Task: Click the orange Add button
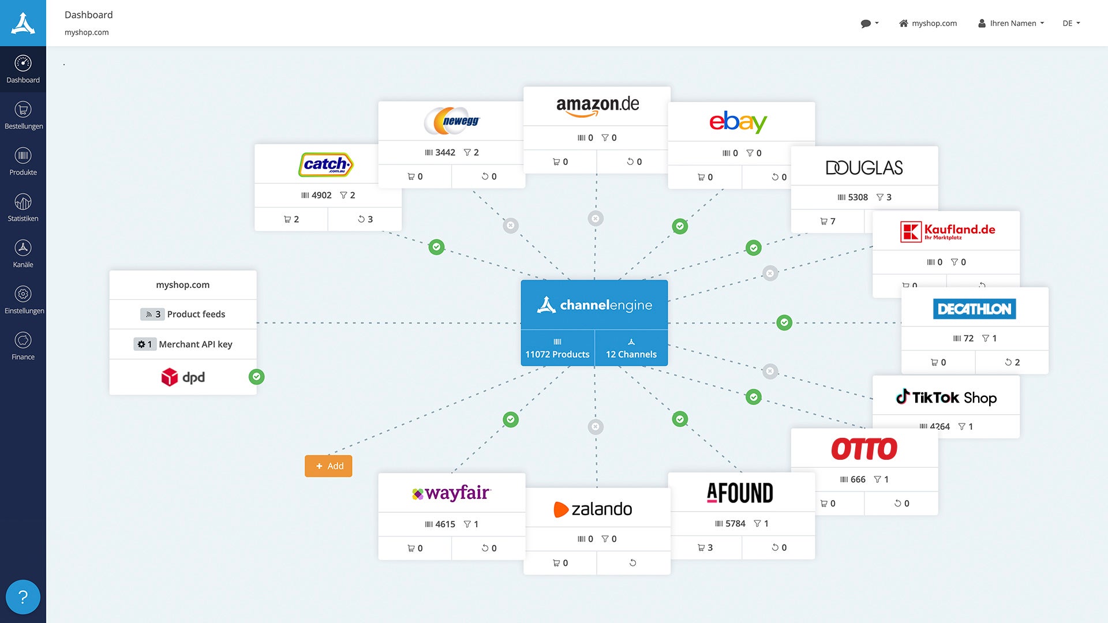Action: [x=328, y=466]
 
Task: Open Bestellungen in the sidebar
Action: [x=23, y=115]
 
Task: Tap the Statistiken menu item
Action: [x=23, y=208]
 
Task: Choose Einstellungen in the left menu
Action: [x=23, y=300]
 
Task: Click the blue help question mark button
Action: [x=23, y=597]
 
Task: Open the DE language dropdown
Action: [x=1071, y=23]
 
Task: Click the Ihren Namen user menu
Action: [x=1011, y=23]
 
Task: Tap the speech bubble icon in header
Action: [x=869, y=23]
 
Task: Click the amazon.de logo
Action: [x=597, y=106]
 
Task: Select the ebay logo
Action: [x=738, y=122]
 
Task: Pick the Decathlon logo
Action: [x=975, y=309]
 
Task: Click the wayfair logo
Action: [x=451, y=493]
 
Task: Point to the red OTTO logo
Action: [x=864, y=449]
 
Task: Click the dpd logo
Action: [x=183, y=377]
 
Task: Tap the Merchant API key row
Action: [x=183, y=344]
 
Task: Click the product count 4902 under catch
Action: [x=321, y=196]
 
